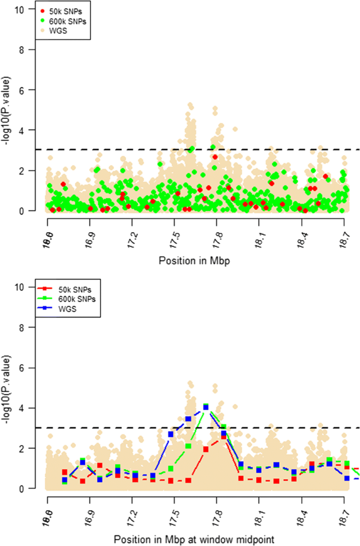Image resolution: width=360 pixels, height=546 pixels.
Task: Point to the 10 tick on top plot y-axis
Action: point(19,9)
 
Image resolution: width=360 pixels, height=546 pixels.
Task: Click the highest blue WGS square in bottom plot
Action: point(206,407)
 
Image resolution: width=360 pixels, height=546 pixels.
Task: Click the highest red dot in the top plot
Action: point(215,157)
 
